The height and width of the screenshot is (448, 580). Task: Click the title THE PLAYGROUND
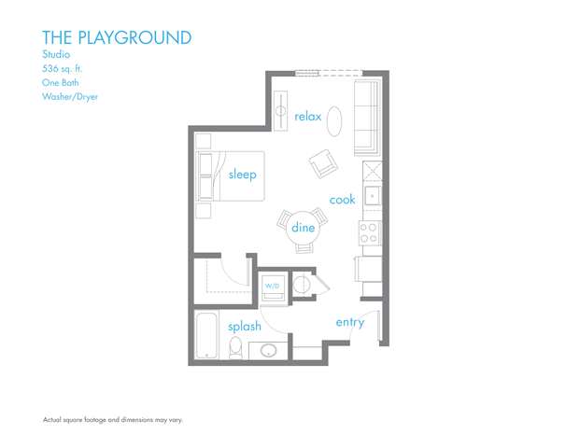(x=117, y=37)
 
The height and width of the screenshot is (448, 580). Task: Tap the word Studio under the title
(x=56, y=54)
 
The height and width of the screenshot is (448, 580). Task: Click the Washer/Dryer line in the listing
(x=70, y=96)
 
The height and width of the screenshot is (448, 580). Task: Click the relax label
(x=307, y=117)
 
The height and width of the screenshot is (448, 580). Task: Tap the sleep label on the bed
(x=242, y=175)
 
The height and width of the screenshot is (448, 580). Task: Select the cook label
(x=342, y=200)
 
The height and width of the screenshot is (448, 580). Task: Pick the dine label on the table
(x=303, y=228)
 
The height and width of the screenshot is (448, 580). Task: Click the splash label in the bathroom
(x=245, y=327)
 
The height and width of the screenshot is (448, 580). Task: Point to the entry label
(x=349, y=322)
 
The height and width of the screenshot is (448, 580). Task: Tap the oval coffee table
(x=334, y=119)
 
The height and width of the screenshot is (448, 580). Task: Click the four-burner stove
(x=369, y=232)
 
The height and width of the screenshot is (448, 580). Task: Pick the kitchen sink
(x=372, y=196)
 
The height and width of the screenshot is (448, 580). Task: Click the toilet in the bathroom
(x=235, y=349)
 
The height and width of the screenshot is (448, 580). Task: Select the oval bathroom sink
(x=269, y=352)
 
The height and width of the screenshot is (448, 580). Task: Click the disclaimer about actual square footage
(x=113, y=420)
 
